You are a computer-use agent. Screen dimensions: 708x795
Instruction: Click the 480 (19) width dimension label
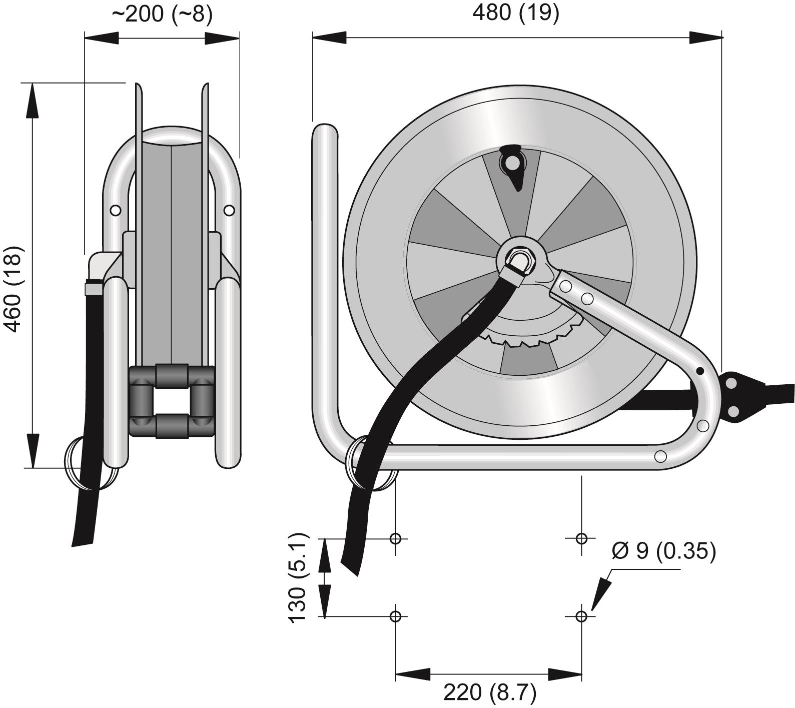515,13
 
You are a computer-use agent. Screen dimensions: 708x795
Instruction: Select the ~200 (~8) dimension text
162,14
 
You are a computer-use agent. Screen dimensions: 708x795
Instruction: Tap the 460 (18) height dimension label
14,289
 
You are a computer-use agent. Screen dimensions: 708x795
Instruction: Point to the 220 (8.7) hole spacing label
489,692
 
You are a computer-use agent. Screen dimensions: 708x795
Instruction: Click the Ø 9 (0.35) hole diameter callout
663,551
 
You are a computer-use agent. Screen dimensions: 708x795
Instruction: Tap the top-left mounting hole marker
396,538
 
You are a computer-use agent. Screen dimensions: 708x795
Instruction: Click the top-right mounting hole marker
581,538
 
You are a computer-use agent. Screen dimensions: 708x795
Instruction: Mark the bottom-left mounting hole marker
396,616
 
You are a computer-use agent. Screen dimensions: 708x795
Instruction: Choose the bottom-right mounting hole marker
581,616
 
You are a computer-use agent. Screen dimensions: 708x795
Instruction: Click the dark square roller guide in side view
172,401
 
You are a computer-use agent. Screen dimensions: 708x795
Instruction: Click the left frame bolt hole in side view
116,211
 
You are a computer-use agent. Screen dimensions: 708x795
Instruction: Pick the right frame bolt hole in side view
229,211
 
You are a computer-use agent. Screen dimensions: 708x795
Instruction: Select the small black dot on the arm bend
700,371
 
